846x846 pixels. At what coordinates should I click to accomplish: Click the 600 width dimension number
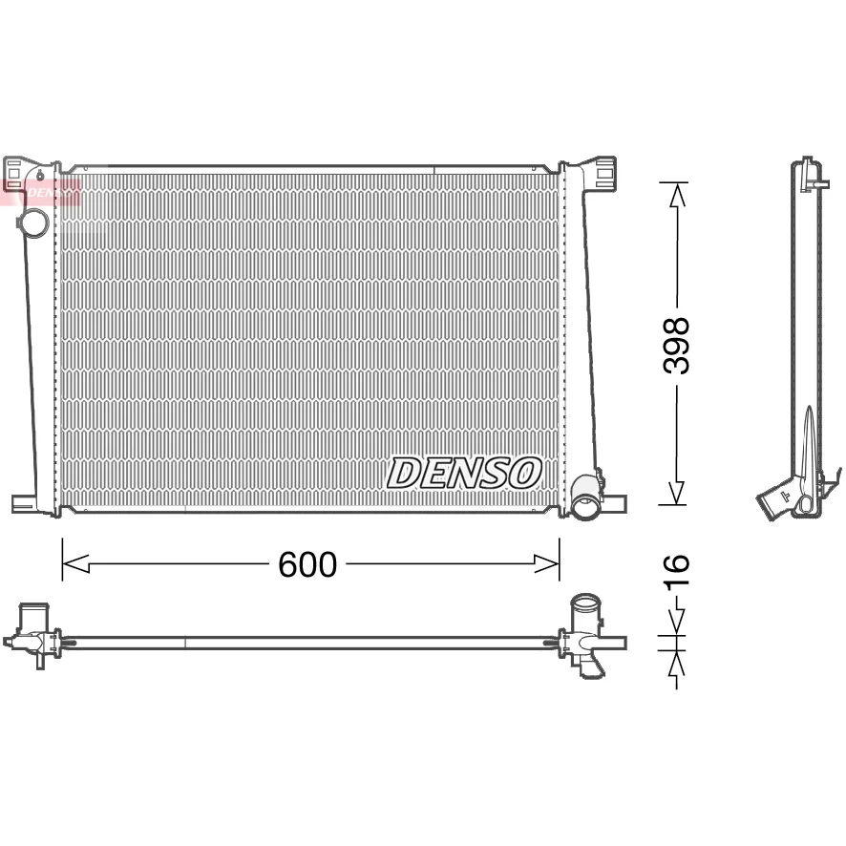(x=307, y=565)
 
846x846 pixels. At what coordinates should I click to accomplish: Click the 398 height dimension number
(x=676, y=346)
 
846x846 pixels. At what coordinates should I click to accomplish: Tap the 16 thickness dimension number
(x=676, y=571)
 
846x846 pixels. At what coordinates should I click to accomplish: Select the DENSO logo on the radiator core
(x=464, y=474)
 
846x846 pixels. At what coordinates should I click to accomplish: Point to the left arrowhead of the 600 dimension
(x=75, y=563)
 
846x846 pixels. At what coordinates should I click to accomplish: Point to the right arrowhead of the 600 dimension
(x=546, y=563)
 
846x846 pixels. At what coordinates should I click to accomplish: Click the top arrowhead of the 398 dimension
(x=677, y=195)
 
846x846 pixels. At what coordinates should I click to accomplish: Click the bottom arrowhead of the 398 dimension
(x=677, y=493)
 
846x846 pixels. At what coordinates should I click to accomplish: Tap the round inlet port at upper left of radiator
(x=33, y=222)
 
